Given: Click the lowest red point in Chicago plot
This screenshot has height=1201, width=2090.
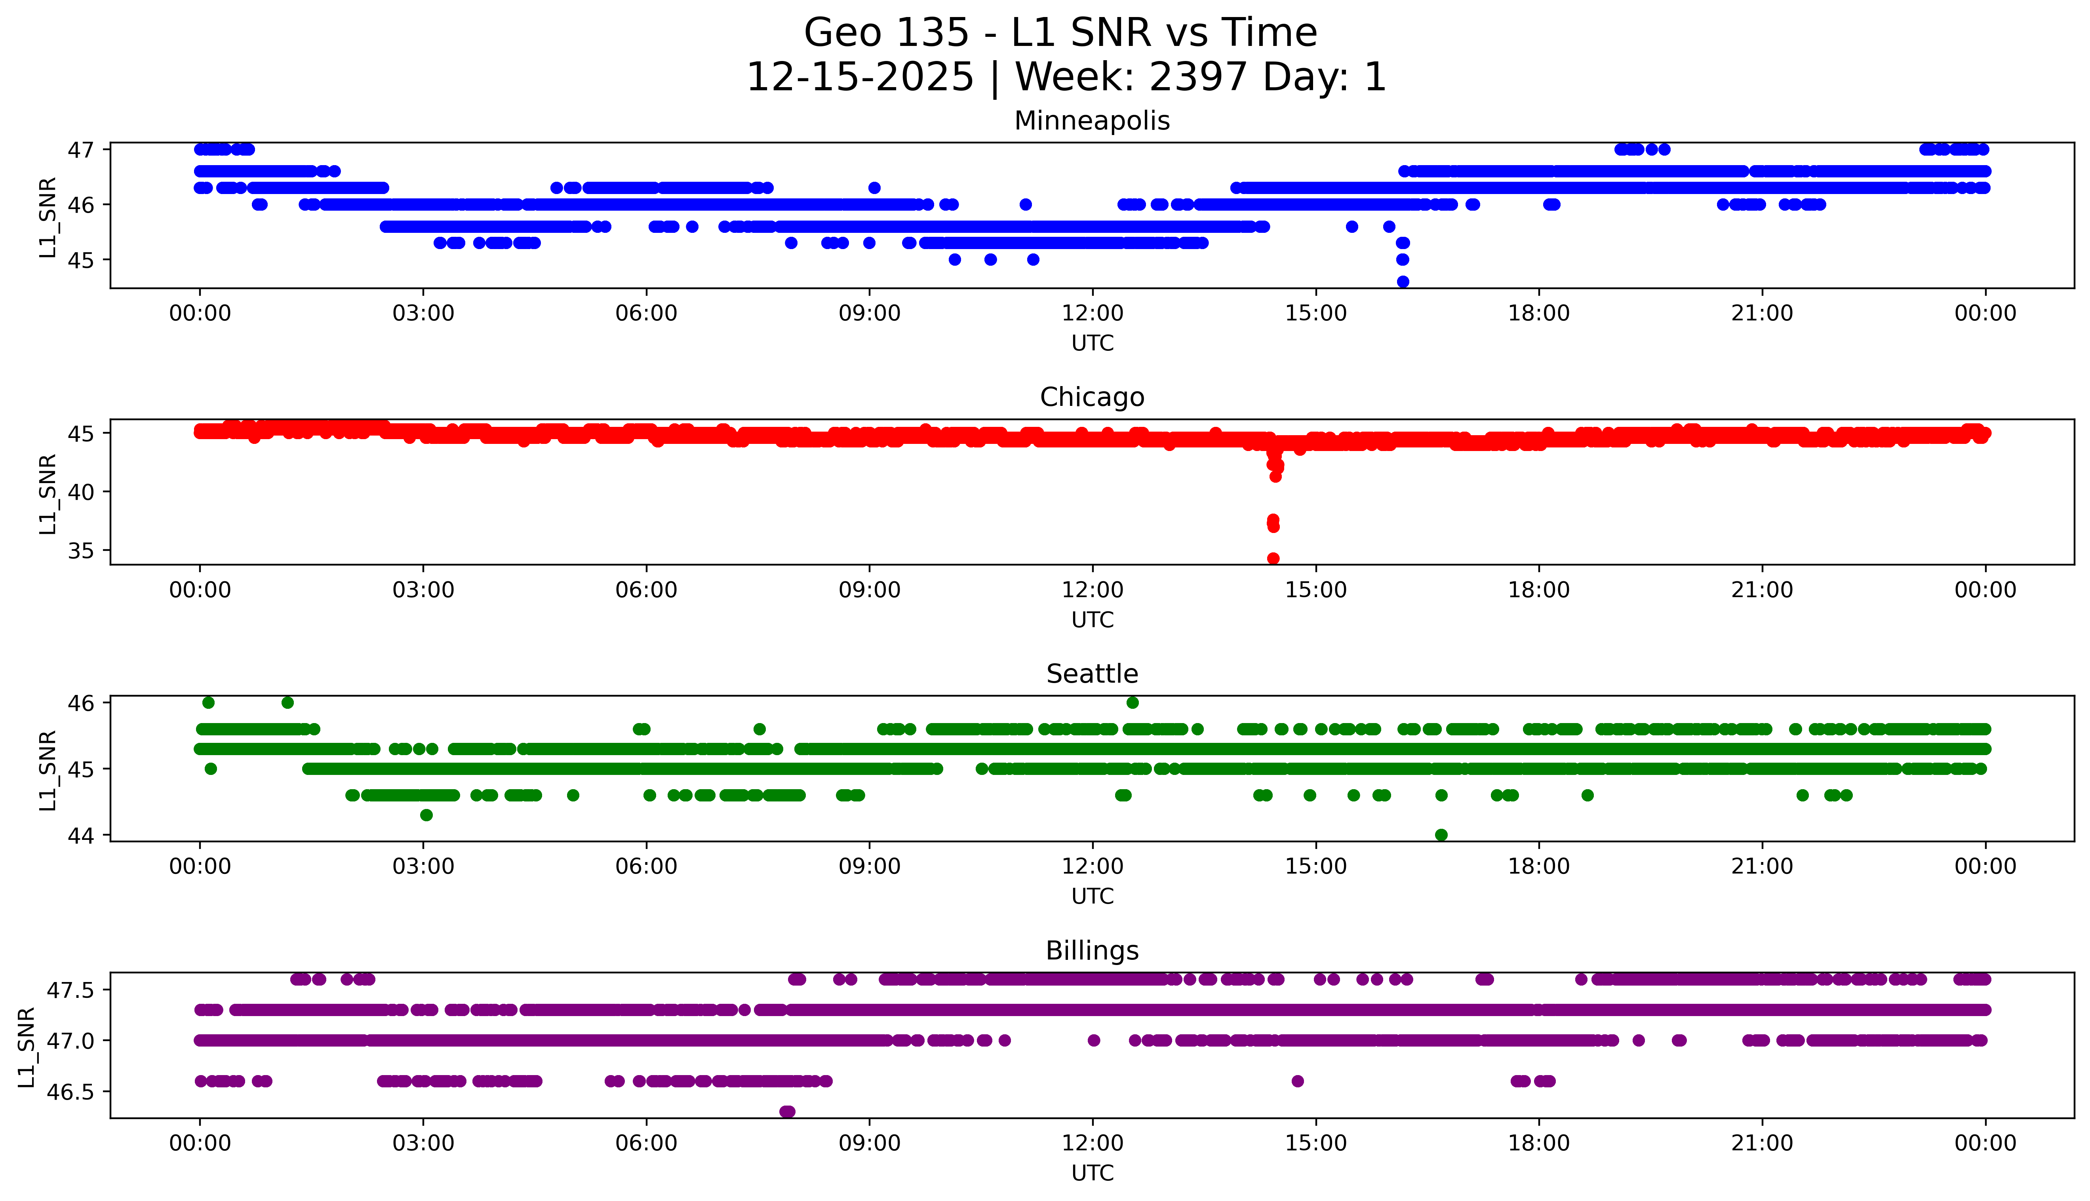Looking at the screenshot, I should point(1273,558).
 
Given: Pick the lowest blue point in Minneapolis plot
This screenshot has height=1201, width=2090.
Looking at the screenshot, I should point(1402,281).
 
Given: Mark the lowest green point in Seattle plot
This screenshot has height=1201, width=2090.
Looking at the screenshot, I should point(1441,835).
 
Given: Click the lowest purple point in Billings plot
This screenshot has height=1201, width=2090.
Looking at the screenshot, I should point(787,1112).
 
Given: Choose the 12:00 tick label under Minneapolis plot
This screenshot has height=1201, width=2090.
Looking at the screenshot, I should point(1092,314).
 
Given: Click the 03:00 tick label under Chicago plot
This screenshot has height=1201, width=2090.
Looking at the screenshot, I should point(423,590).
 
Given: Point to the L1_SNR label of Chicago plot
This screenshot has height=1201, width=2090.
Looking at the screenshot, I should point(48,493).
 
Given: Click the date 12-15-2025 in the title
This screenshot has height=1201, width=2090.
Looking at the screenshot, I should point(859,78).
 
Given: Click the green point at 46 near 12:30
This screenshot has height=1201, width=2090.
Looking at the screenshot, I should point(1133,703).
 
